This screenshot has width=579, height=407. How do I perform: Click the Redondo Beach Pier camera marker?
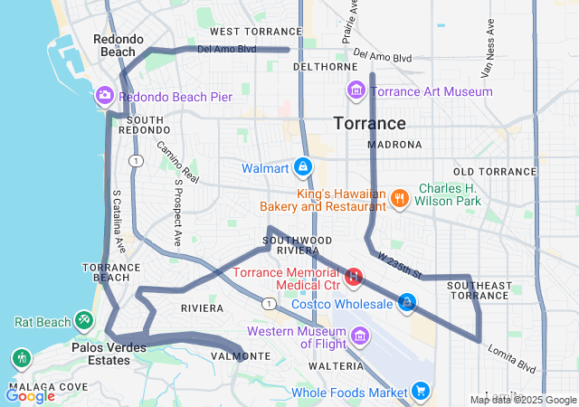pos(105,96)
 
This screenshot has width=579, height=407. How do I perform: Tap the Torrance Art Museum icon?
pos(356,90)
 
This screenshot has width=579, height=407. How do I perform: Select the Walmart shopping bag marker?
pos(303,168)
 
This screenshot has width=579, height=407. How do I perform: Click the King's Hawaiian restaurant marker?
pos(399,197)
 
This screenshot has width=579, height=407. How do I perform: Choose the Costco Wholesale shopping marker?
pos(408,303)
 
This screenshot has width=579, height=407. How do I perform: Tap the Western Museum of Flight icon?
pos(361,336)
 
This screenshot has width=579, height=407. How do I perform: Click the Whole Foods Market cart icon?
pos(421,391)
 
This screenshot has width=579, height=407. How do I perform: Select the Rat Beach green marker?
pos(83,319)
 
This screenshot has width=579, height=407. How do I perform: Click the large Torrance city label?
pos(369,123)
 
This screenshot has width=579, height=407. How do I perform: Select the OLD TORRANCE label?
pos(495,172)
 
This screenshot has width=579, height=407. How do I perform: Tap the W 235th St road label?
pos(400,266)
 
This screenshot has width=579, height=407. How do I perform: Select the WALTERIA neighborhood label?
pos(336,366)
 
